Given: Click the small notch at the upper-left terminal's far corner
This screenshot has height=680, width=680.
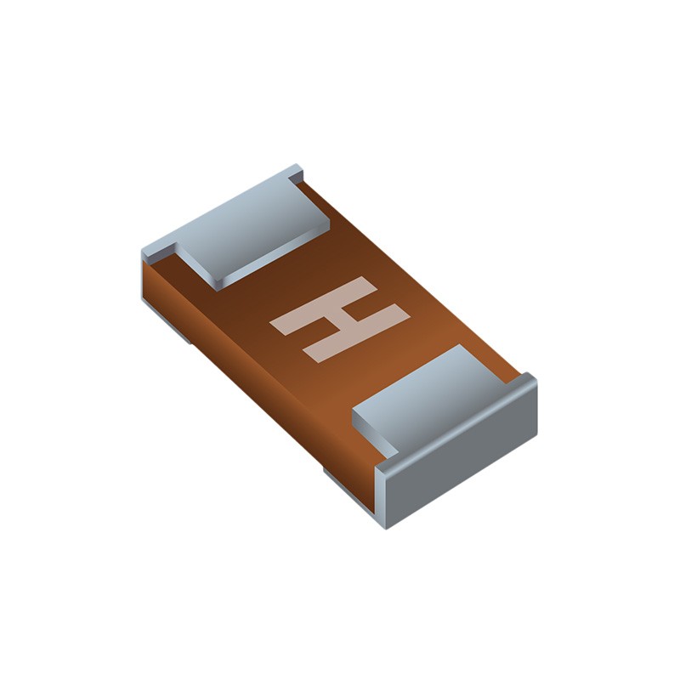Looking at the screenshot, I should (x=296, y=173).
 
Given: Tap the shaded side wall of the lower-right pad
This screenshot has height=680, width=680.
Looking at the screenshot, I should (x=374, y=434).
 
